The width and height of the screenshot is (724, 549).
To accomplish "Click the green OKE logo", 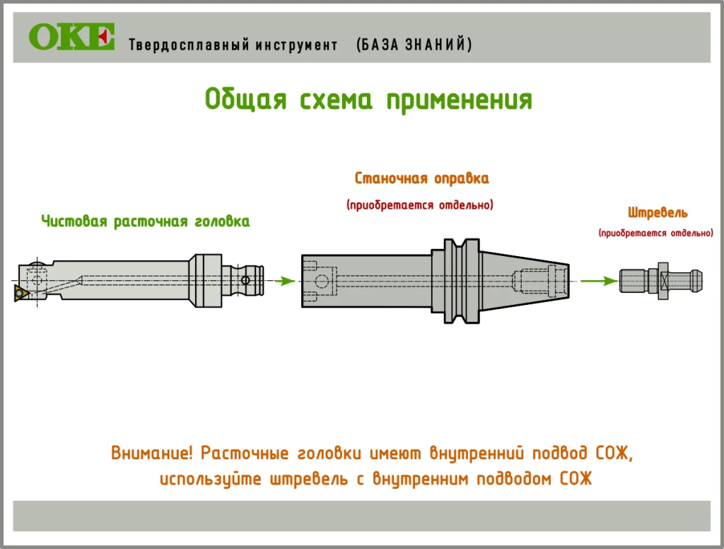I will [x=71, y=37].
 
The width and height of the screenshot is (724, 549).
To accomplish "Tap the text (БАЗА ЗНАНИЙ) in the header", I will [x=415, y=45].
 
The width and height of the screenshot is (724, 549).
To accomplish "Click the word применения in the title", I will [x=459, y=100].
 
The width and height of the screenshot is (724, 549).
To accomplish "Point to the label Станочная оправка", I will [x=421, y=178].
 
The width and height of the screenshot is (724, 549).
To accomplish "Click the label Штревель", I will [x=658, y=212].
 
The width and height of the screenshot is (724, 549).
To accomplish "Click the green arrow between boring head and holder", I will [x=284, y=281].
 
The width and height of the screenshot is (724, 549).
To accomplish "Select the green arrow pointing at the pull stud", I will [x=600, y=281].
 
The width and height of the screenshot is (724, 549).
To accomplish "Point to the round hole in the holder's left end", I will [x=322, y=282].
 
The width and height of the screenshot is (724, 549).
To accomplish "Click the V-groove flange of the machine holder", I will [x=455, y=281].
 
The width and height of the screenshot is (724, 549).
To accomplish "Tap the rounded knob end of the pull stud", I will [x=696, y=281].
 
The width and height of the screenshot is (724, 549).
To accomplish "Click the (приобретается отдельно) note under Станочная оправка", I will [x=420, y=205].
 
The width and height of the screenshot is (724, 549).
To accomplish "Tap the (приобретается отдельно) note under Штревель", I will [x=655, y=232].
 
